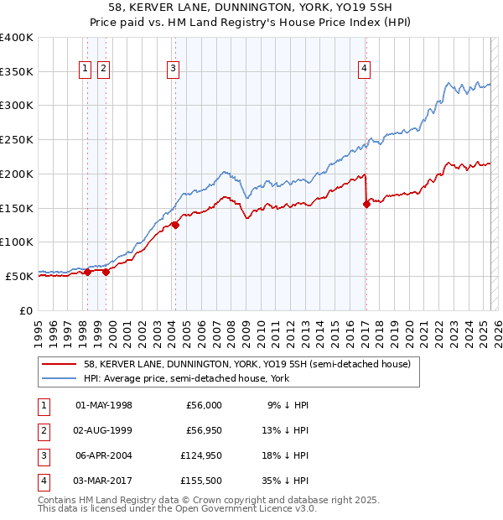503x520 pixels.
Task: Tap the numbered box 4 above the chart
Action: pos(366,70)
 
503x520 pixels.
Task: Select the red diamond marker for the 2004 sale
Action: pos(175,225)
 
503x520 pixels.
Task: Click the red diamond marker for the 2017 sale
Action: pos(366,204)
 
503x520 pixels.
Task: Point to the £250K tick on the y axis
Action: pos(17,139)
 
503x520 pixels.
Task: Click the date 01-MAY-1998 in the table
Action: pos(104,405)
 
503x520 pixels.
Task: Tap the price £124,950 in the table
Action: pos(199,455)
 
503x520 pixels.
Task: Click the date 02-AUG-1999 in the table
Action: pos(104,430)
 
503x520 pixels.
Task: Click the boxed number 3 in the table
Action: pos(42,455)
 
